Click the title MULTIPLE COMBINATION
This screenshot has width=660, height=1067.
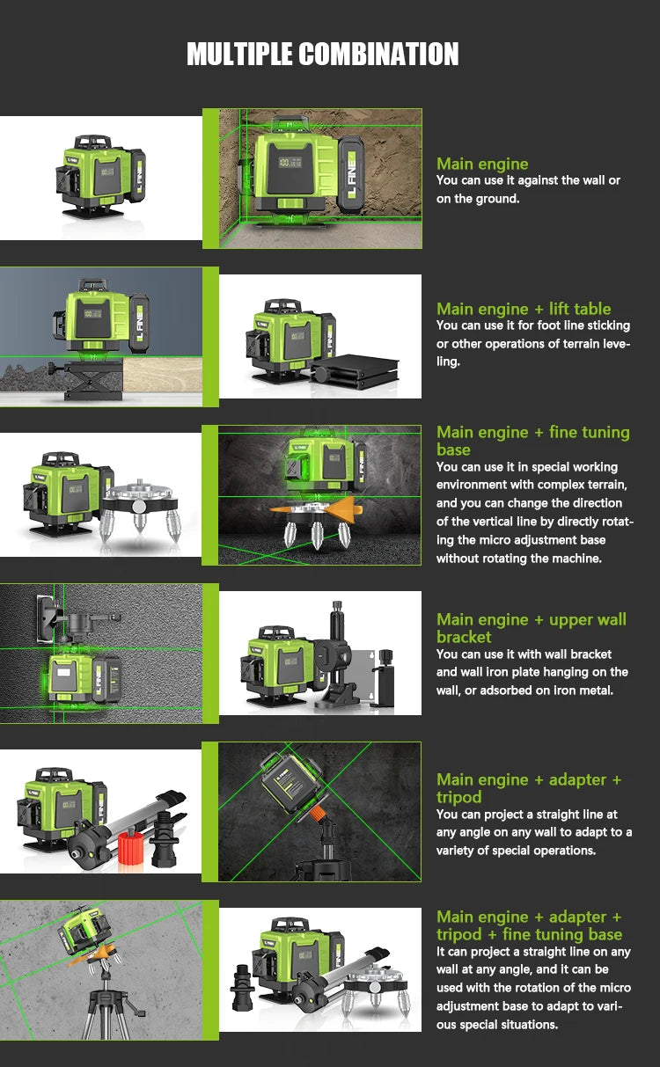(x=323, y=54)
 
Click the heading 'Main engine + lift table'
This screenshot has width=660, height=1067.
(x=524, y=309)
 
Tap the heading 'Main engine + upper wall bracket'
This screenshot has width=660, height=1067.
(x=531, y=627)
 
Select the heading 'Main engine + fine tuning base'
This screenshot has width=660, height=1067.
(x=532, y=440)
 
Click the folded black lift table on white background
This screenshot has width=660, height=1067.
(x=356, y=364)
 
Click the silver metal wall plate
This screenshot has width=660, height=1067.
(x=362, y=673)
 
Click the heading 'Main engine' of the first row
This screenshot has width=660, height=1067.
(x=482, y=164)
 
